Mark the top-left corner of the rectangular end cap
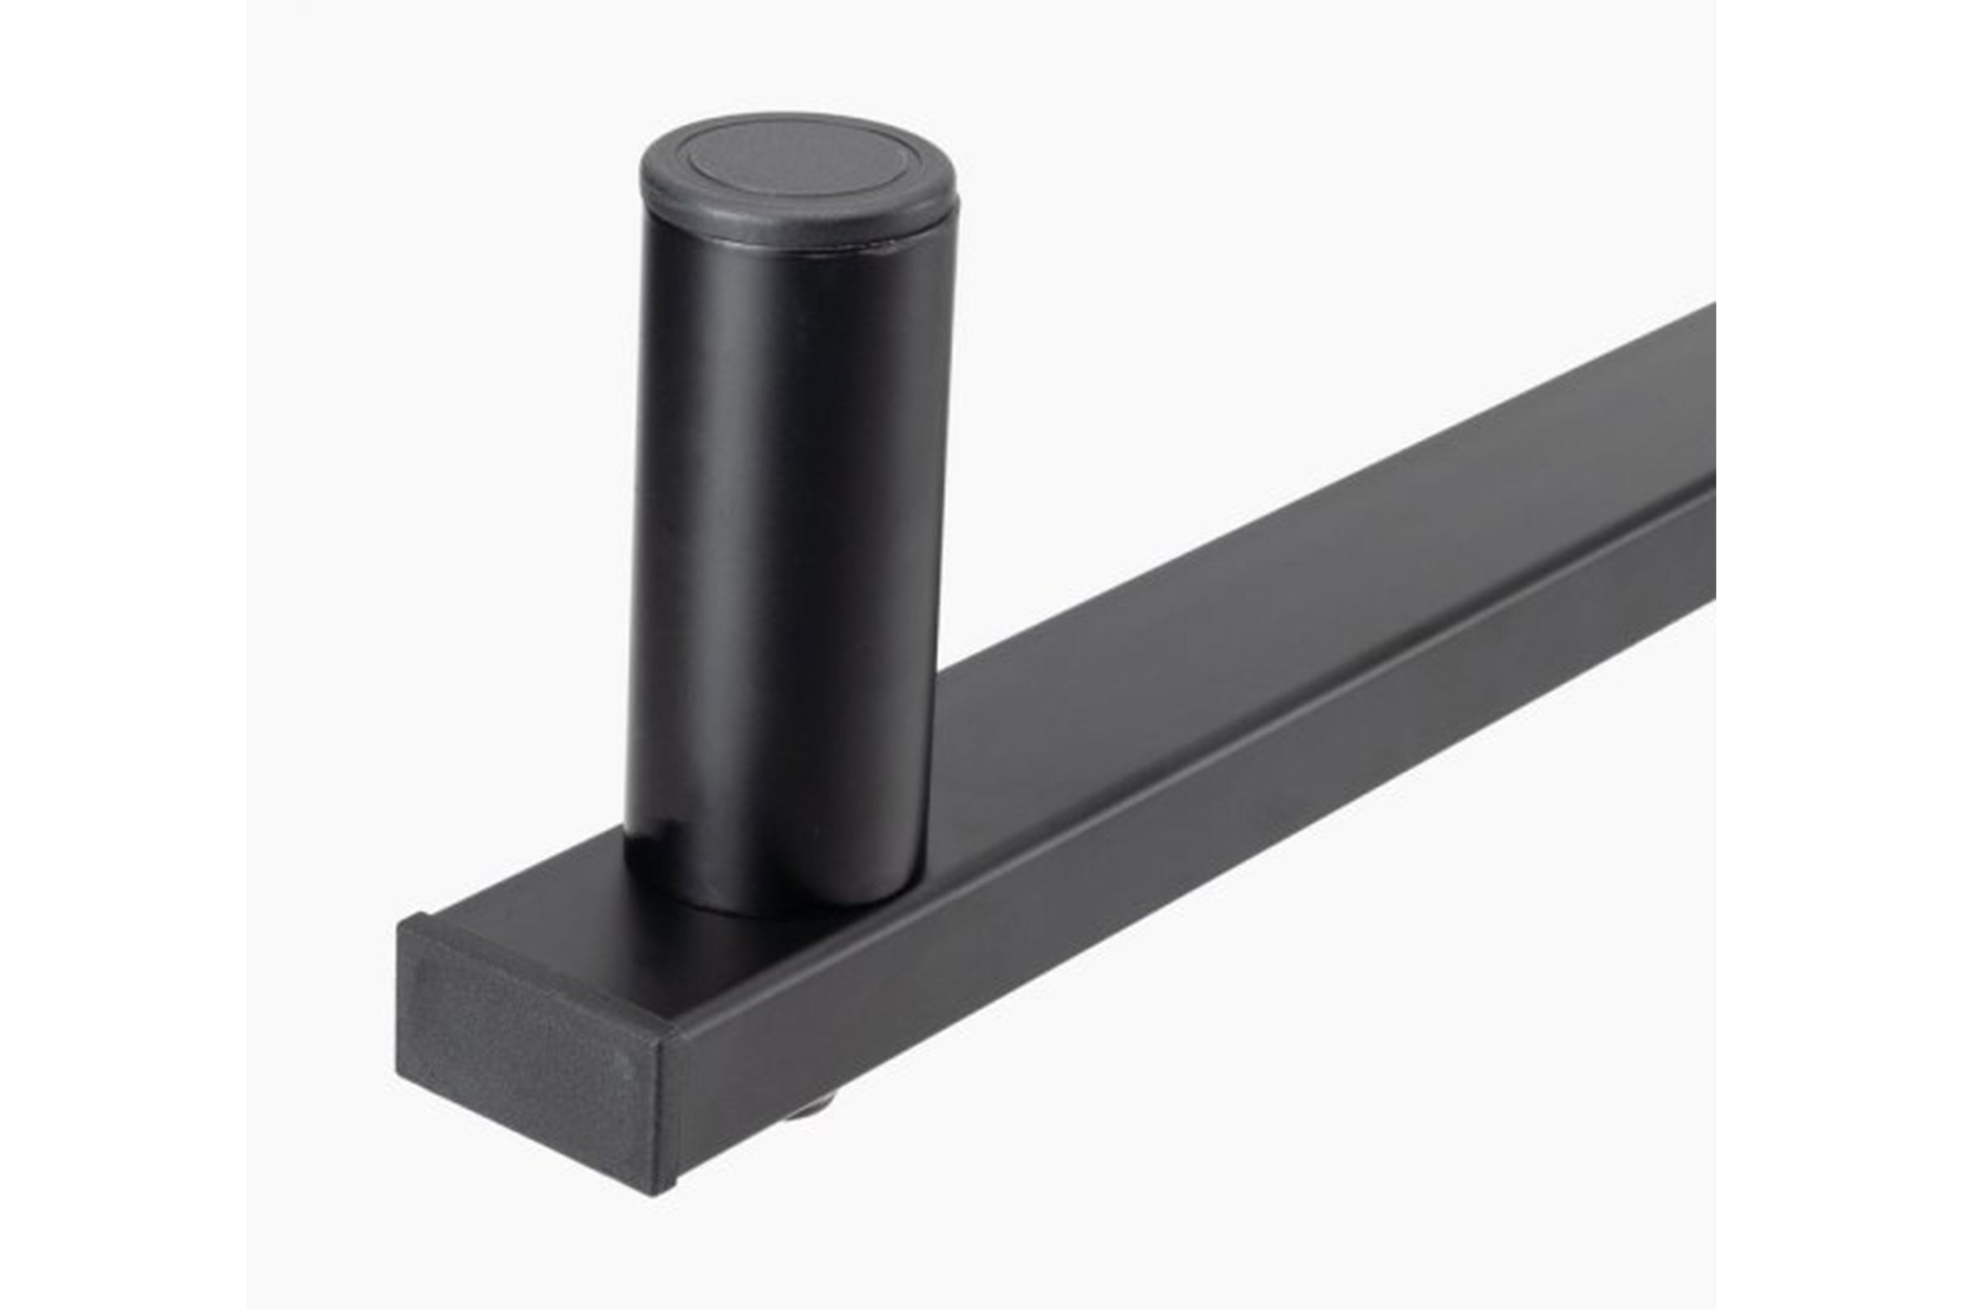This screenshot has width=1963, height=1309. coord(400,922)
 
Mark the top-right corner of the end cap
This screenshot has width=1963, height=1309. coord(667,1035)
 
